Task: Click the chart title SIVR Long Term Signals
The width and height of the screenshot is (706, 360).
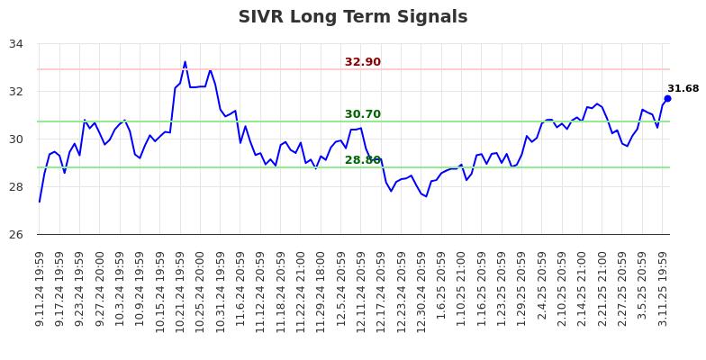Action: coord(353,17)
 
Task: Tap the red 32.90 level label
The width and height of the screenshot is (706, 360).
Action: coord(363,62)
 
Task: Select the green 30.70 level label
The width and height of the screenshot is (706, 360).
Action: coord(363,114)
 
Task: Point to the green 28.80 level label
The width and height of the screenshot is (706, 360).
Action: coord(363,160)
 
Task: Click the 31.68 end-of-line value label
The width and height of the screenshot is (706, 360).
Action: coord(683,89)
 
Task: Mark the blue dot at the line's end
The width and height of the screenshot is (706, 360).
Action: coord(667,98)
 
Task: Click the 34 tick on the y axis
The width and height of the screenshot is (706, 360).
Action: coord(18,43)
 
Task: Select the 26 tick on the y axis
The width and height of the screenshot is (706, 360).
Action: coord(18,234)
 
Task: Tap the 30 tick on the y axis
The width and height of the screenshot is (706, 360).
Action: coord(18,139)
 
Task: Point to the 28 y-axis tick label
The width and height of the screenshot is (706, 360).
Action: coord(18,186)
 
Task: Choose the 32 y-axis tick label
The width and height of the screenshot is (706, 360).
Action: coord(18,91)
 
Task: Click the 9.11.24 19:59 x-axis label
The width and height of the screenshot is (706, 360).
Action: coord(40,288)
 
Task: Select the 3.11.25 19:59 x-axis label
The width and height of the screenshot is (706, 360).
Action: coord(664,288)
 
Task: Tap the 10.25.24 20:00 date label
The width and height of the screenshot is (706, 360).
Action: coord(201,288)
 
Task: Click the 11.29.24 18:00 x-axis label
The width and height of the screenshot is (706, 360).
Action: coord(321,288)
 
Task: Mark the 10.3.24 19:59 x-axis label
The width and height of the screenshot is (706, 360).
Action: coord(120,288)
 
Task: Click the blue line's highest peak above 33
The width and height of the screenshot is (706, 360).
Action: coord(186,62)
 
